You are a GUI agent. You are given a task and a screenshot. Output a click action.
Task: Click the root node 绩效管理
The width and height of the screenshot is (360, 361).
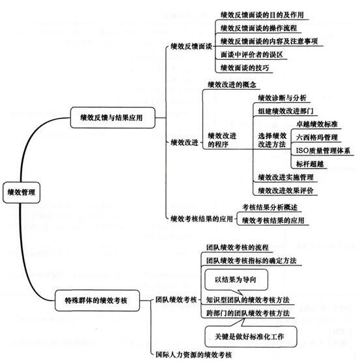pyautogui.click(x=21, y=193)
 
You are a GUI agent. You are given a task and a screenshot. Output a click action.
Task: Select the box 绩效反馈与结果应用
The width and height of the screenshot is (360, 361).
pyautogui.click(x=113, y=118)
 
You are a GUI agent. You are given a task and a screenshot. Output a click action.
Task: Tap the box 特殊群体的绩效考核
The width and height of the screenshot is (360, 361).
pyautogui.click(x=97, y=301)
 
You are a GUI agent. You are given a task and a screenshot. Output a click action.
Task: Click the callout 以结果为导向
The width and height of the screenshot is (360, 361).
pyautogui.click(x=236, y=280)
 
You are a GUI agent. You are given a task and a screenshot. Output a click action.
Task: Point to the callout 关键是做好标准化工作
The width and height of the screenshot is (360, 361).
pyautogui.click(x=251, y=336)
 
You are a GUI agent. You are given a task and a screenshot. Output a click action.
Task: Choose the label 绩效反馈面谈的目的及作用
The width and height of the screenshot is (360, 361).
pyautogui.click(x=262, y=15)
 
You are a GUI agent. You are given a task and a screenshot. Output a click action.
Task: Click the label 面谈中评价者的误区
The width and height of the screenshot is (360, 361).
pyautogui.click(x=251, y=55)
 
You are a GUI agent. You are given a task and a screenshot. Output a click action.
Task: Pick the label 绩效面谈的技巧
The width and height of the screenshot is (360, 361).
pyautogui.click(x=245, y=68)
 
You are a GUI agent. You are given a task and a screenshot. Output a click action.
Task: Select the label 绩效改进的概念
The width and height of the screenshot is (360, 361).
pyautogui.click(x=232, y=85)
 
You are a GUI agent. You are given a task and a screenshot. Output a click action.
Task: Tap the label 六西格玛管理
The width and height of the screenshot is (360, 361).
pyautogui.click(x=317, y=137)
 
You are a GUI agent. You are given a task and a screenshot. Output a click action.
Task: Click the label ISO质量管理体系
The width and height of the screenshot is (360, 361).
pyautogui.click(x=323, y=150)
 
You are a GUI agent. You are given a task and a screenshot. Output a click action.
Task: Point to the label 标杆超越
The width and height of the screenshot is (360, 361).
pyautogui.click(x=310, y=164)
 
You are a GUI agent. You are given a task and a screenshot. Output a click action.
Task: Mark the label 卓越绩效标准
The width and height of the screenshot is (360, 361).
pyautogui.click(x=317, y=124)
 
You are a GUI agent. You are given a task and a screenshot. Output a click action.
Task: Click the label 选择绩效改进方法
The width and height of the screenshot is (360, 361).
pyautogui.click(x=272, y=140)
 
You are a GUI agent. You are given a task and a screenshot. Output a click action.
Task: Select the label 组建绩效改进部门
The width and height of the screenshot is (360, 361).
pyautogui.click(x=286, y=111)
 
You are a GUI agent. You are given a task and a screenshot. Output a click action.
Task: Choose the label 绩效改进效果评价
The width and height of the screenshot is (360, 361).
pyautogui.click(x=286, y=191)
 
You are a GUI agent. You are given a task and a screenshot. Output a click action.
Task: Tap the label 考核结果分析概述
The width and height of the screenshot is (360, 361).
pyautogui.click(x=270, y=207)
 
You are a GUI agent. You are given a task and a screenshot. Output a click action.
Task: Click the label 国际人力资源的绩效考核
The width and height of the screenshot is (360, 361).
pyautogui.click(x=193, y=354)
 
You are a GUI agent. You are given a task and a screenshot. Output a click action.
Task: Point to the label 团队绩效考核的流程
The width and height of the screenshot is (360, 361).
pyautogui.click(x=238, y=248)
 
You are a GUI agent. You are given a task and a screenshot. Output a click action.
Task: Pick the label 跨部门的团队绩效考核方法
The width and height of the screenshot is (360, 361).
pyautogui.click(x=248, y=313)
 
